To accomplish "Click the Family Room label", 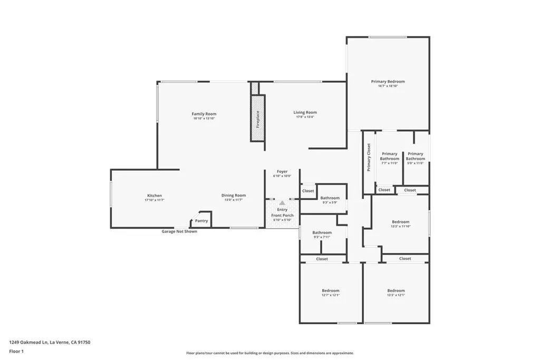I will click(204, 114).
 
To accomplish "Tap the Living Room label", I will click(305, 112).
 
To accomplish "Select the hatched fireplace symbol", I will click(257, 118).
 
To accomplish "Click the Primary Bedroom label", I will click(388, 82).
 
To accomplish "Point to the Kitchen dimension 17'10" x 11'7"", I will click(155, 200).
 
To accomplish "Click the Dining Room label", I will click(233, 196).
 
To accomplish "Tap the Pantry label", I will click(201, 221).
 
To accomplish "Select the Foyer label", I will click(282, 172).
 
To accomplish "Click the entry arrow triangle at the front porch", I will click(282, 202).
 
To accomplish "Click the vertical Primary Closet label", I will click(369, 157).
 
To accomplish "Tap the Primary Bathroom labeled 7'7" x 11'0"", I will click(390, 157).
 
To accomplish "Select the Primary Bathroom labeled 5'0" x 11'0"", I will click(415, 157).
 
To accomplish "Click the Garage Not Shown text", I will click(179, 231).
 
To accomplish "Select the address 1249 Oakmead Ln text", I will click(50, 342).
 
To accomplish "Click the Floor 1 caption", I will click(16, 351).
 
